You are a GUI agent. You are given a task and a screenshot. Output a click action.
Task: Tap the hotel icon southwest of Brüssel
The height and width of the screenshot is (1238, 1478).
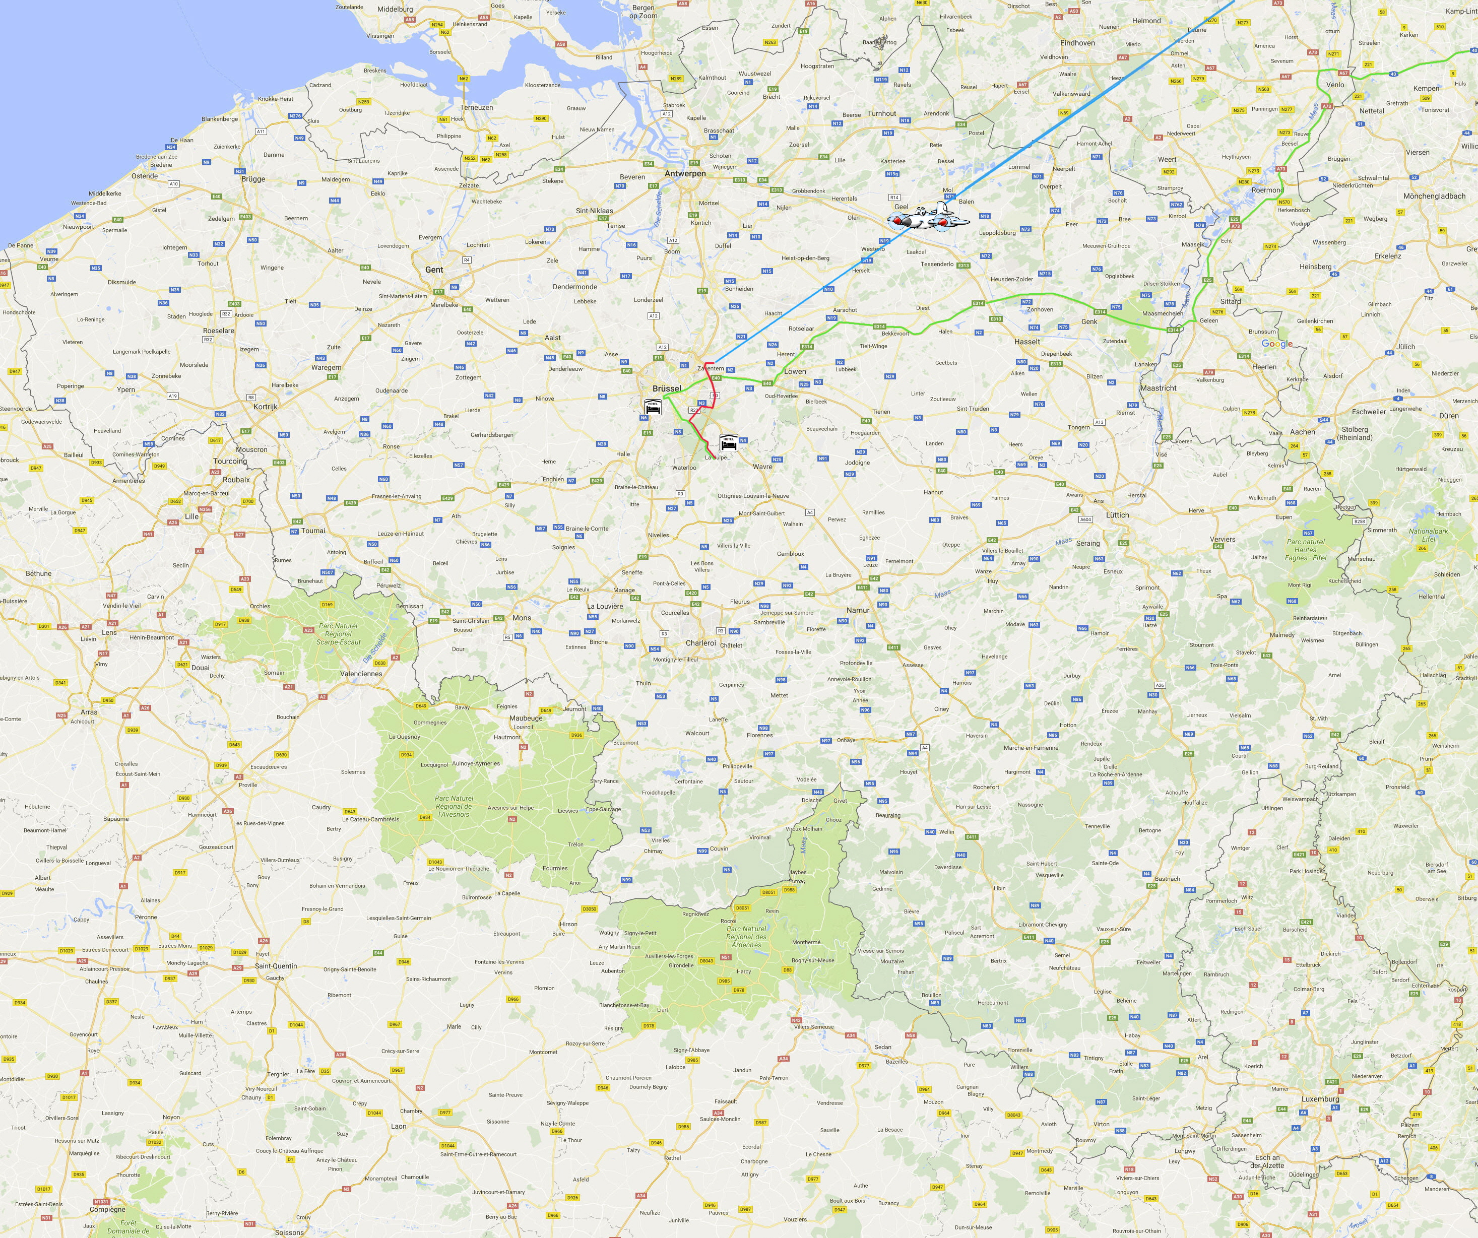point(653,406)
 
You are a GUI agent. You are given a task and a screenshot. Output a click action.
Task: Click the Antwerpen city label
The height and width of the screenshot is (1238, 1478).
point(685,173)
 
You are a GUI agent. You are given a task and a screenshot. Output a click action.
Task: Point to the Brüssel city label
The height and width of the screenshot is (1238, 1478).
point(667,388)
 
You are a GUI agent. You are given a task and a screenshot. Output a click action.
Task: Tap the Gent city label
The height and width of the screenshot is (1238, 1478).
point(434,270)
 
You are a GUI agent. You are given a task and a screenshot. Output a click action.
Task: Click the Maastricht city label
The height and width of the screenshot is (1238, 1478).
point(1159,388)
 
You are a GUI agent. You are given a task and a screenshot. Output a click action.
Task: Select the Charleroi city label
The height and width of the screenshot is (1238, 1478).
point(701,642)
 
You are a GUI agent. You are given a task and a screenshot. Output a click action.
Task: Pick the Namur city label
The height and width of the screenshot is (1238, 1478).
point(858,610)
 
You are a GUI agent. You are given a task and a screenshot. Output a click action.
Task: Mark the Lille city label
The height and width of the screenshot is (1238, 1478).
point(191,516)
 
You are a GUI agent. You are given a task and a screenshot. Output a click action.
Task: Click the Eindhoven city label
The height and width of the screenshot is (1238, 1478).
point(1077,43)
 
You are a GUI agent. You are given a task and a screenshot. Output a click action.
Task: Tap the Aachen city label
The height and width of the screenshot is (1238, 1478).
point(1302,432)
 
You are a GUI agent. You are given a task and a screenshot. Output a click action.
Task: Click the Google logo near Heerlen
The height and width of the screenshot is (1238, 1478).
point(1277,344)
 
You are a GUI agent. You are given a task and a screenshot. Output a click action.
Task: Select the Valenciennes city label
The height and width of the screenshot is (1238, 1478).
point(361,674)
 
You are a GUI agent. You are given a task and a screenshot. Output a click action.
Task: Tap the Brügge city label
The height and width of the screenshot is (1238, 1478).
point(253,179)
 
